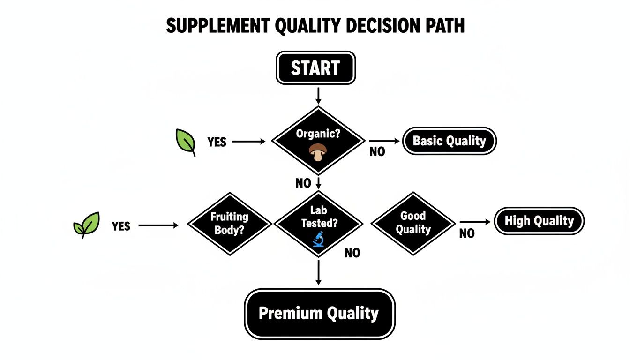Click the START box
(315, 68)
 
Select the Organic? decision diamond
(318, 140)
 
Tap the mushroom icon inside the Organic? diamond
(318, 152)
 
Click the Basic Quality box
(449, 141)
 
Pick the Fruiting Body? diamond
(229, 223)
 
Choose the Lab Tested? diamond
(318, 223)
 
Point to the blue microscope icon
(318, 239)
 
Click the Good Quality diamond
(413, 223)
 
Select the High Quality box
(539, 221)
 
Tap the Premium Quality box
(319, 314)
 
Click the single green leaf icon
(186, 142)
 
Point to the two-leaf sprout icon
(87, 225)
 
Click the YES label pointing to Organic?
(217, 142)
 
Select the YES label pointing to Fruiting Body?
(121, 226)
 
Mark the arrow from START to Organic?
(318, 95)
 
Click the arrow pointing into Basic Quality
(385, 141)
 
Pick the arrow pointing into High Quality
(476, 222)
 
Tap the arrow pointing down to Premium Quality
(318, 272)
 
